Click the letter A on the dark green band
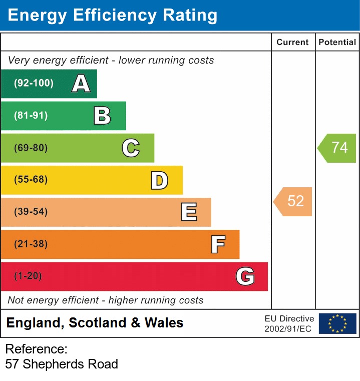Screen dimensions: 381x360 pos(81,84)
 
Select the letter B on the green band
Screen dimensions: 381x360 pos(102,116)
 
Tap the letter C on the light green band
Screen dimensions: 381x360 pos(131,148)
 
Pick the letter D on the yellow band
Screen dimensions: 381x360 pos(159,180)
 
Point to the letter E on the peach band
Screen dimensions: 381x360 pos(188,212)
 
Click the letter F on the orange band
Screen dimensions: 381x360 pos(217,244)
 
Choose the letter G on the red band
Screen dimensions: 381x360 pos(245,276)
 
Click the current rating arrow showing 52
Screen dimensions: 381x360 pos(293,201)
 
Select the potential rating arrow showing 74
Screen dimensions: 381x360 pos(337,148)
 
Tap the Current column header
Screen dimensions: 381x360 pos(292,43)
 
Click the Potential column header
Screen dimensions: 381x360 pos(337,43)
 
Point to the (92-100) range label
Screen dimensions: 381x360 pos(34,84)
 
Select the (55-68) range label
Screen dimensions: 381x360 pos(31,180)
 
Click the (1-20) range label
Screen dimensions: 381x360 pos(28,276)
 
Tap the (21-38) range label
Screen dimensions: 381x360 pos(31,244)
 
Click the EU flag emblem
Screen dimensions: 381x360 pos(337,323)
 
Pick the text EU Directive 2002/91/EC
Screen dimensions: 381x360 pos(289,323)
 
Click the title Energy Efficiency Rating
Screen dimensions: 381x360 pos(112,16)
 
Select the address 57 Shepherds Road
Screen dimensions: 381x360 pos(62,364)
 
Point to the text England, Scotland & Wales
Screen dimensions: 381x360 pos(95,323)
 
